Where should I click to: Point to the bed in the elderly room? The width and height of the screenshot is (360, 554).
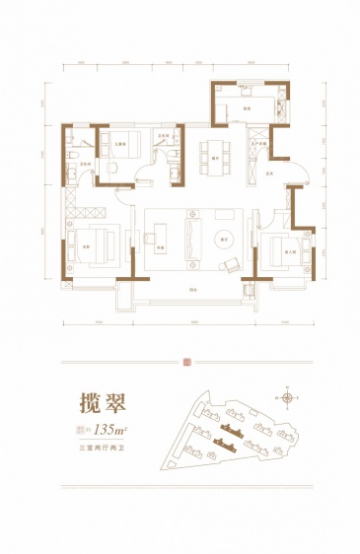(x=289, y=245)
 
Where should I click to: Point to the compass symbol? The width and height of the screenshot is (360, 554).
(x=287, y=397)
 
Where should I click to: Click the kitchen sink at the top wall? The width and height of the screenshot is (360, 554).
(x=243, y=90)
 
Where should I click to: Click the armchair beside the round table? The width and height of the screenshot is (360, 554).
(x=233, y=263)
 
